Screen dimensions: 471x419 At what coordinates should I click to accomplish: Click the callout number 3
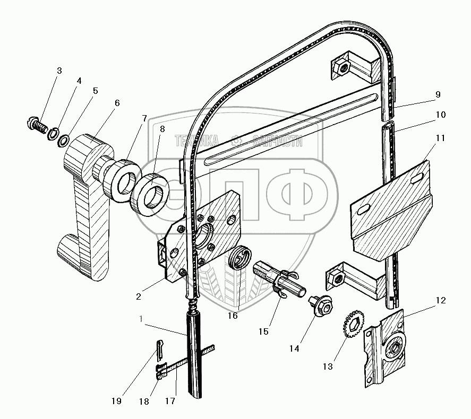(x=59, y=71)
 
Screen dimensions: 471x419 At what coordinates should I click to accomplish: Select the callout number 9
(x=438, y=95)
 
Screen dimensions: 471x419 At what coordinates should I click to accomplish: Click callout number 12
(x=441, y=301)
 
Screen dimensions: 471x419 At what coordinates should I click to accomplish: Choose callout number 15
(x=263, y=331)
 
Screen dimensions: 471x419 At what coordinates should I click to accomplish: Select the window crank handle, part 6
(x=85, y=202)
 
